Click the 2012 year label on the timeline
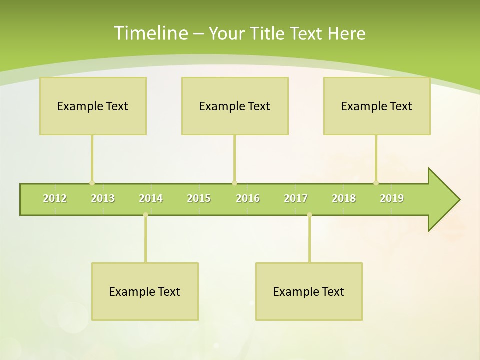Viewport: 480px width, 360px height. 55,198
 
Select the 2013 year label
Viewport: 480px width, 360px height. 103,198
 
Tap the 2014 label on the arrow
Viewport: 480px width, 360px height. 151,198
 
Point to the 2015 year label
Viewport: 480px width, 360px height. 199,198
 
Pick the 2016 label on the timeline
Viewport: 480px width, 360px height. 248,198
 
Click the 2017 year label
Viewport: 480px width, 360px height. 296,198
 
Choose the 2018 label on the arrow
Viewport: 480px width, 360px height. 344,198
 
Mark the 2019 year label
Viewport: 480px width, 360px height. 392,198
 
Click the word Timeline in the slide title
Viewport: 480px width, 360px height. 150,33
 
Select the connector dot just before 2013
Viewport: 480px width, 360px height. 92,183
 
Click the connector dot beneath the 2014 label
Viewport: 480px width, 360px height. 145,215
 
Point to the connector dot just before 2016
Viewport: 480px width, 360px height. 234,183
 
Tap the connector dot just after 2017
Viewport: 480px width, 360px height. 309,215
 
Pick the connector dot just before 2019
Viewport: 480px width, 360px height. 376,183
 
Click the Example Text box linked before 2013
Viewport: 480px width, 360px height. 93,106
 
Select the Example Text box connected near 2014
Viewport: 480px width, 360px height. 145,291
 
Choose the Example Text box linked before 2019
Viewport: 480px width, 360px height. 377,106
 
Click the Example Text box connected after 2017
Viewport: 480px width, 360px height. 309,291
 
